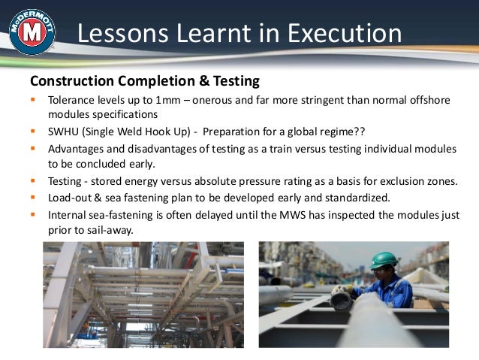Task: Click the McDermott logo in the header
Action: click(31, 32)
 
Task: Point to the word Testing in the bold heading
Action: click(233, 80)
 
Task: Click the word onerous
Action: click(218, 101)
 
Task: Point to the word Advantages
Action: click(77, 148)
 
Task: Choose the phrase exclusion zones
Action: click(415, 181)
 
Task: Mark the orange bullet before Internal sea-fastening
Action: click(33, 215)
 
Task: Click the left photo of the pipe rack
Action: click(143, 294)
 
